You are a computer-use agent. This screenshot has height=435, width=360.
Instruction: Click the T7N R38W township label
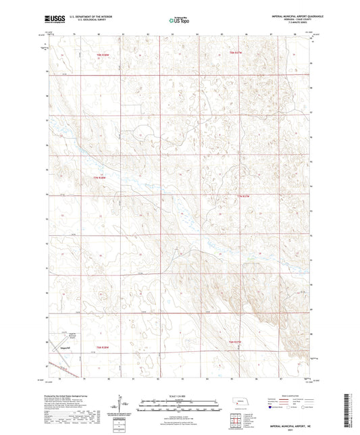tap(100, 177)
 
